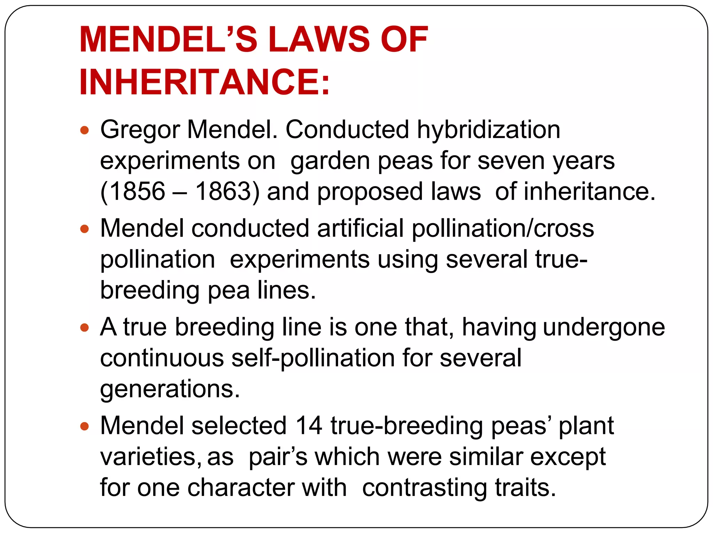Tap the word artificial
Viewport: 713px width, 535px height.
coord(360,228)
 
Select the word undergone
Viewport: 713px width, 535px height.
coord(604,328)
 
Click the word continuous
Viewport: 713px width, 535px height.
coord(162,358)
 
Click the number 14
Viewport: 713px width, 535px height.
coord(308,426)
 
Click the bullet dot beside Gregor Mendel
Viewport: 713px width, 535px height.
coord(85,131)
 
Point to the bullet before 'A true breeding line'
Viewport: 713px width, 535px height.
coord(85,328)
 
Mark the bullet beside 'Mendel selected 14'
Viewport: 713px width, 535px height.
coord(85,426)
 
